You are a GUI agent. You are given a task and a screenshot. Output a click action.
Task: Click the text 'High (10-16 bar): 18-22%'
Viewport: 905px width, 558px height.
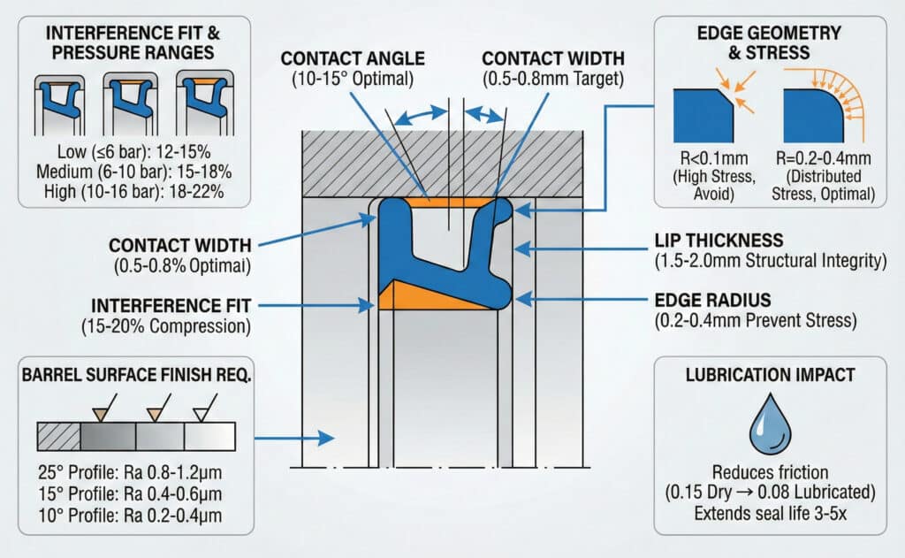[x=119, y=190]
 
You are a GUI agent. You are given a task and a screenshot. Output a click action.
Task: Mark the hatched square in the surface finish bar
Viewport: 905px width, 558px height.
[x=58, y=436]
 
